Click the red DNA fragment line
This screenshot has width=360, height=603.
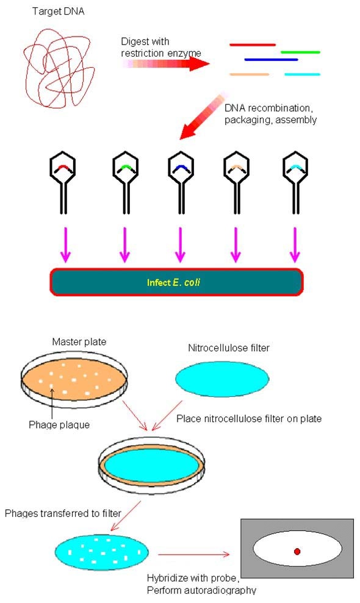tap(253, 45)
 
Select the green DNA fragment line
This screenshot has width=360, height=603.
tap(300, 52)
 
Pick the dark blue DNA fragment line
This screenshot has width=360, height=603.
tap(271, 60)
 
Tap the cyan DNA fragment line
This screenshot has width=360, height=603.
tap(302, 74)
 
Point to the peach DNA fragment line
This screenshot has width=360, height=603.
tap(249, 74)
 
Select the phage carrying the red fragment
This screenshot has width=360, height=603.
tap(63, 183)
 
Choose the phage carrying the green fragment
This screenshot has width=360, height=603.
tap(125, 183)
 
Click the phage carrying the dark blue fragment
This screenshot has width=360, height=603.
tap(181, 183)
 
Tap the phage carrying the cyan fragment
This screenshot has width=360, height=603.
tap(295, 183)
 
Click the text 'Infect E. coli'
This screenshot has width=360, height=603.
tap(173, 283)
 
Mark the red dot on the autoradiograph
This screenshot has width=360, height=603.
tap(297, 551)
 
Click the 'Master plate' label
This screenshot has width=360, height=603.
tap(79, 342)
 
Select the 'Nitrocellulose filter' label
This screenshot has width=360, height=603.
tap(229, 348)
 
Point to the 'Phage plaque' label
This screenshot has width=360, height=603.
tap(59, 425)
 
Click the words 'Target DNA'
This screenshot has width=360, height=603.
tap(58, 12)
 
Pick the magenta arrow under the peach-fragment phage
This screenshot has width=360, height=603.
tap(236, 245)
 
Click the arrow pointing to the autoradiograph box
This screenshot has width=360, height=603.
tap(193, 554)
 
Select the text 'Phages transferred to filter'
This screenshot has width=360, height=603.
tap(63, 513)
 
